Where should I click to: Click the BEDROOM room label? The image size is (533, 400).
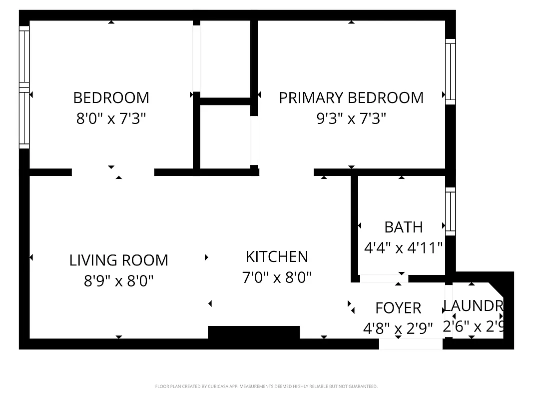click(111, 97)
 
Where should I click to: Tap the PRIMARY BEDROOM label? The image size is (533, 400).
click(351, 97)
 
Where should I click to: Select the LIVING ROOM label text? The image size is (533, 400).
click(118, 260)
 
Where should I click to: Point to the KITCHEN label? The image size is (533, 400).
click(277, 256)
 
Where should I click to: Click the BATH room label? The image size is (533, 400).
click(403, 227)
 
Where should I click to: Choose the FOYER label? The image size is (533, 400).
click(398, 307)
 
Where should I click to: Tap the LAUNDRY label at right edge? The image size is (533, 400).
click(473, 305)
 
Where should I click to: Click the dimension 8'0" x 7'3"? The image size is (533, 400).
click(111, 119)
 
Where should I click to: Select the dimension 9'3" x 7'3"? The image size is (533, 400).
click(351, 119)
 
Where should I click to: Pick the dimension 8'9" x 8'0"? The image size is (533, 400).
click(118, 281)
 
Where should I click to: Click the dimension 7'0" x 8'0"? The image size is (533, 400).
click(277, 277)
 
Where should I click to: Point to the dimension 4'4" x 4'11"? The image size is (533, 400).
click(403, 248)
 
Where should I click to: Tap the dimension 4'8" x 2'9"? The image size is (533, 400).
click(398, 329)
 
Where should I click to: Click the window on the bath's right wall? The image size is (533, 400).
click(451, 211)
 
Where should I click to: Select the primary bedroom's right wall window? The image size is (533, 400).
click(451, 71)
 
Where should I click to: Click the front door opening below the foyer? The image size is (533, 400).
click(411, 344)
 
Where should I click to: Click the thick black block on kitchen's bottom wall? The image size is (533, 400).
click(253, 333)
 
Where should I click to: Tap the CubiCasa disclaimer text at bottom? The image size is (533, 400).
click(266, 386)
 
